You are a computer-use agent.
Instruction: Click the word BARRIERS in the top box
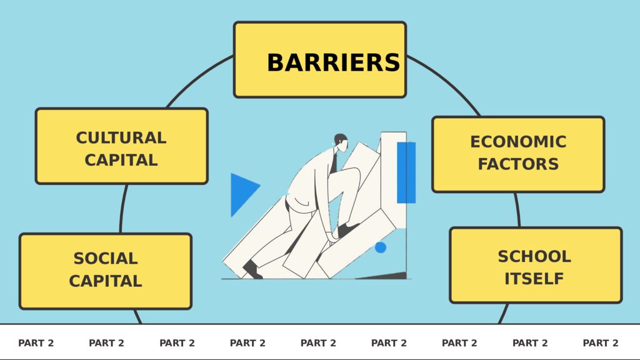pos(333,62)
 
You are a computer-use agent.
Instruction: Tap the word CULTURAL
pos(121,137)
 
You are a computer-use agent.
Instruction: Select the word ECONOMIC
pos(518,142)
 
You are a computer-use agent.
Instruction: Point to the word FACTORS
pos(518,164)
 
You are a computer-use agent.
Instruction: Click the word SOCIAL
pos(106,258)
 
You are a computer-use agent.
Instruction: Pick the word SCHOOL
pos(534,256)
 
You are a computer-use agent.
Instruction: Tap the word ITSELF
pos(534,278)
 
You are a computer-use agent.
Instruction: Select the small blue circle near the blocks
pos(380,247)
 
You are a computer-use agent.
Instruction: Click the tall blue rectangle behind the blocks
pos(406,172)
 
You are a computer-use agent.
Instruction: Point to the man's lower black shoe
pos(251,270)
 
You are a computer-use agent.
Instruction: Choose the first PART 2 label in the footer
pos(36,343)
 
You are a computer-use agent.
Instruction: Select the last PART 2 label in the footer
pos(601,343)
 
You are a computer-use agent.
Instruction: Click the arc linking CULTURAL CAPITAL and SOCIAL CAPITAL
pos(122,209)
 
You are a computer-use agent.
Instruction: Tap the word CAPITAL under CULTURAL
pos(121,160)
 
